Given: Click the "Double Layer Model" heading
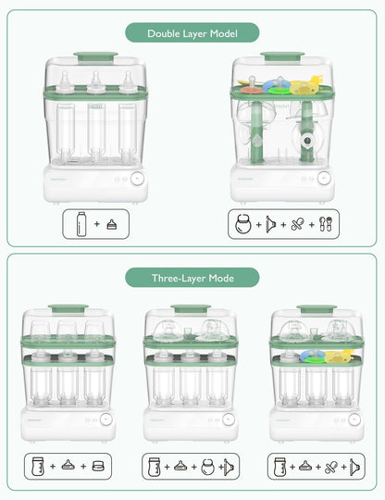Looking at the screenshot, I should (x=192, y=34).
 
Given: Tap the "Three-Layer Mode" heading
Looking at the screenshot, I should (x=192, y=277).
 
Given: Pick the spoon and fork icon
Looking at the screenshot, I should (x=324, y=223).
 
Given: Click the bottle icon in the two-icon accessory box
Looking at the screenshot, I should (x=83, y=223).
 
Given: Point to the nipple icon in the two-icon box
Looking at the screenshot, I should (x=111, y=224).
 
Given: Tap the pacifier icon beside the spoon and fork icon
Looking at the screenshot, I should (x=297, y=223).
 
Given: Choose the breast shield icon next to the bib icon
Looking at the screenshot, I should (x=270, y=223).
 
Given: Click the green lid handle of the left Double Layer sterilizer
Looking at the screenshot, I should (x=95, y=56).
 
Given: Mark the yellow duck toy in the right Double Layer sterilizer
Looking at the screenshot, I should (x=304, y=87).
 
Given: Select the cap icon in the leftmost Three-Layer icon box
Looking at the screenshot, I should (x=96, y=466).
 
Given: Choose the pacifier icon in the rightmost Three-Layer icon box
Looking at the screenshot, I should (x=329, y=466).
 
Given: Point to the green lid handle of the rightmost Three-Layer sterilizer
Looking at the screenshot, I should (x=316, y=308).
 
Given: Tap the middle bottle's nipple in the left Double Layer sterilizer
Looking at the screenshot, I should (x=95, y=82).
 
